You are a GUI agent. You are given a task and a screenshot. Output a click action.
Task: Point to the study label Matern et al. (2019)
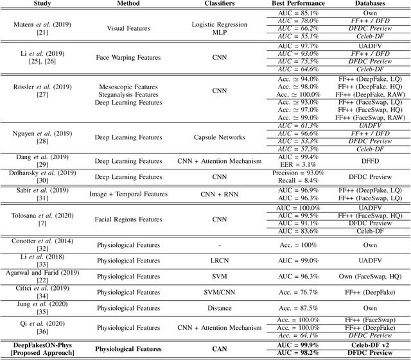(39, 24)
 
